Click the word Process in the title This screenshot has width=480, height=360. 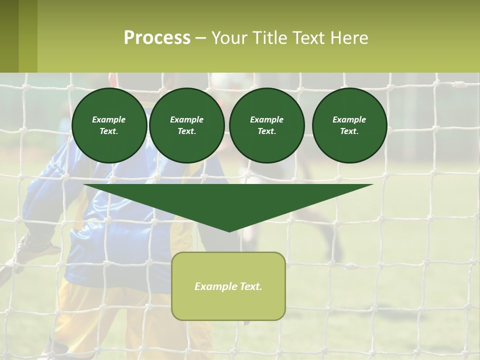[157, 38]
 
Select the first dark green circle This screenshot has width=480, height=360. [109, 125]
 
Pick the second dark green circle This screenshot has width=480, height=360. [186, 125]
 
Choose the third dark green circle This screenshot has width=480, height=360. [266, 125]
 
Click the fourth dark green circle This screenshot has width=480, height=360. [349, 125]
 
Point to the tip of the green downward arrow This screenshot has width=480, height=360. [229, 230]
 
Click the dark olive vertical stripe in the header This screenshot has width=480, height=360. [9, 36]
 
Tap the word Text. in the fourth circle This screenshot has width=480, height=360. [349, 131]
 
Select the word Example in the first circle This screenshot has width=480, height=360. [109, 119]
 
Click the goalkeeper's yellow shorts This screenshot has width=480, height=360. [90, 310]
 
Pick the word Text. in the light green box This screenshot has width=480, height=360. [250, 286]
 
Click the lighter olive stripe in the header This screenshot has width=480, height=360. [28, 36]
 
